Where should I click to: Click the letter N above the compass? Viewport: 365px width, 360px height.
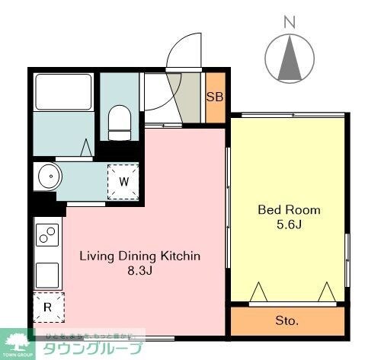click(290, 22)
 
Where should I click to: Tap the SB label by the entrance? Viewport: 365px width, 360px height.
click(215, 97)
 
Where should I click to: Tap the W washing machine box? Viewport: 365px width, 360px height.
click(123, 181)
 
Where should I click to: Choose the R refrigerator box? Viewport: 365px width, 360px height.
click(48, 307)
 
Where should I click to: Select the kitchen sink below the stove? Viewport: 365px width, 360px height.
click(48, 272)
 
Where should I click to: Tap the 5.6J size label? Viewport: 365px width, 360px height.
click(289, 225)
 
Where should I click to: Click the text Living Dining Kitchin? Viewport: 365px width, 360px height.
click(140, 256)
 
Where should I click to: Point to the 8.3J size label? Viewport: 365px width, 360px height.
click(140, 271)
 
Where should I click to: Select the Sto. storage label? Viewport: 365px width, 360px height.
click(287, 320)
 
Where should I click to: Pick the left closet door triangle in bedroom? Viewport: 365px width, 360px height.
click(258, 291)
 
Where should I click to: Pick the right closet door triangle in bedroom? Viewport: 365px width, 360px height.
click(328, 291)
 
